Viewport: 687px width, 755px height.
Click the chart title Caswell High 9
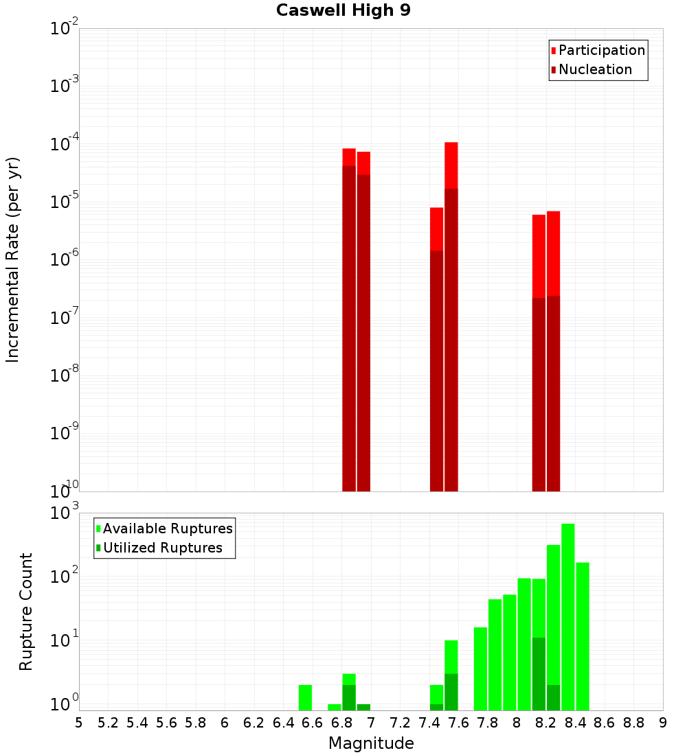[x=343, y=11]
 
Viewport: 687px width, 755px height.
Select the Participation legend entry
[x=601, y=50]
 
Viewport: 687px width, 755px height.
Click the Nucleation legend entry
[x=595, y=69]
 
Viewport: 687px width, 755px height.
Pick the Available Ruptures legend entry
[x=167, y=528]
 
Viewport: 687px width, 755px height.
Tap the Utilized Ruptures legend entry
[x=162, y=548]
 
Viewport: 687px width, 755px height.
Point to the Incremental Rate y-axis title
[x=13, y=259]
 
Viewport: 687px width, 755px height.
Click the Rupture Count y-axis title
[x=26, y=612]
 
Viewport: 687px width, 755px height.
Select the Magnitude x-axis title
[x=371, y=743]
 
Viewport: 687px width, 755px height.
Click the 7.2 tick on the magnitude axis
[x=400, y=723]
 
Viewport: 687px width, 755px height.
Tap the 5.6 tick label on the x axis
[x=166, y=723]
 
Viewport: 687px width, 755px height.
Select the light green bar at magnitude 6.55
[x=306, y=697]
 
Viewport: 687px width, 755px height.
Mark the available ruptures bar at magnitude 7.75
[x=480, y=669]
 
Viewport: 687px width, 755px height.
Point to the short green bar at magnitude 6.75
[x=335, y=707]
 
